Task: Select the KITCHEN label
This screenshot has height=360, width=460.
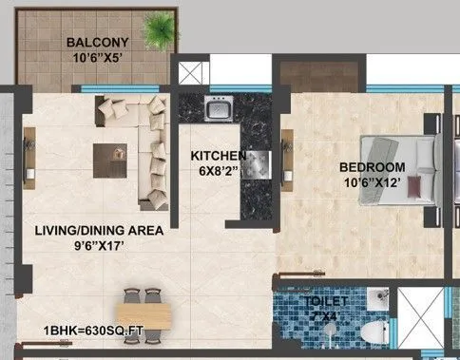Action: pos(219,156)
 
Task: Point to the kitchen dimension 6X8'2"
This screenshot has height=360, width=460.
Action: pos(219,173)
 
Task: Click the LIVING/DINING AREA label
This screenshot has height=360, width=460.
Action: pos(99,231)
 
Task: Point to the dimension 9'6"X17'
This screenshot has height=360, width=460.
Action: pos(99,247)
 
